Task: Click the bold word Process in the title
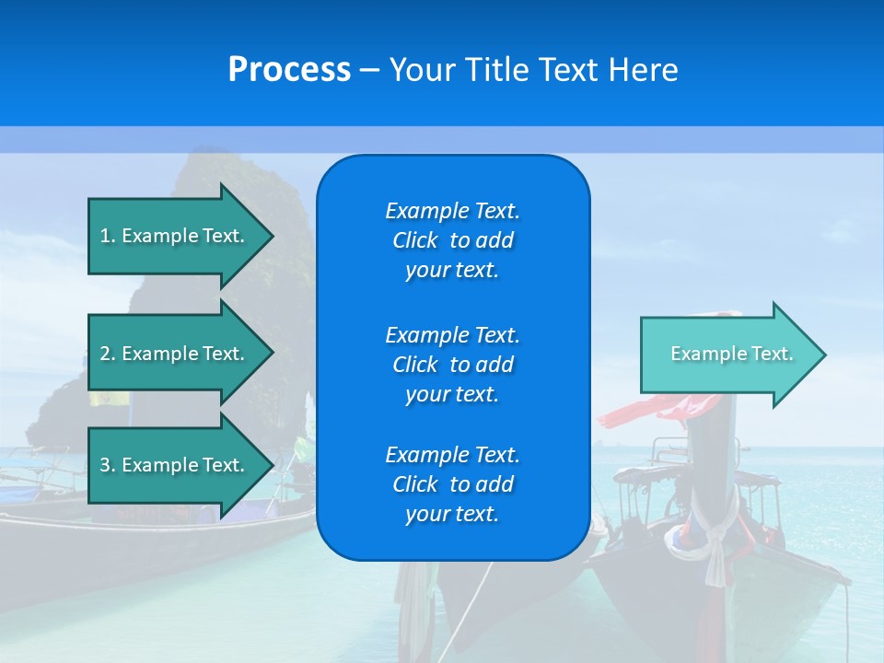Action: pos(289,70)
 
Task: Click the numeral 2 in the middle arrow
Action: pos(105,354)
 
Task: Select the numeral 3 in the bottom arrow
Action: pos(105,465)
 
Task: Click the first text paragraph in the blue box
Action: pos(452,240)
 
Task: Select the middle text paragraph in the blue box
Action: pos(452,364)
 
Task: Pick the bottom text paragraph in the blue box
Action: pos(452,484)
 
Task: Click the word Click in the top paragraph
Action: pos(415,240)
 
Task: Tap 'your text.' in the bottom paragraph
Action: pos(452,514)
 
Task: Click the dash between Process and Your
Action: pos(369,71)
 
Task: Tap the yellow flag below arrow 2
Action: pos(109,399)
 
